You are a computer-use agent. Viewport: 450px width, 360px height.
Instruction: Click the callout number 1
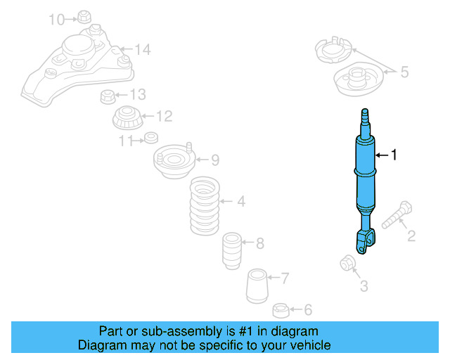tap(394, 155)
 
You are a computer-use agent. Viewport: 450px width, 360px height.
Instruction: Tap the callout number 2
tap(411, 236)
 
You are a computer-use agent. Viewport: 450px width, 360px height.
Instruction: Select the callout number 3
tap(364, 285)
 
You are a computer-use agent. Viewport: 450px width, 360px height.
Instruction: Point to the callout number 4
tap(241, 202)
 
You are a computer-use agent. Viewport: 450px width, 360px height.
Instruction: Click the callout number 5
tap(404, 71)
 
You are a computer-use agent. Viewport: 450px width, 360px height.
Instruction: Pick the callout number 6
tap(308, 309)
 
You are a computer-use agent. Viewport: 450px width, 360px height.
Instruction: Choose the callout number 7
tap(285, 278)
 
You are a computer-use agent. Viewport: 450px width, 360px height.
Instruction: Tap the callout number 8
tap(259, 244)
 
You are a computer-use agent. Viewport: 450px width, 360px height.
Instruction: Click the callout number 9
tap(215, 160)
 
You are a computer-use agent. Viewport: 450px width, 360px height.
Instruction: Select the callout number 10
tap(56, 19)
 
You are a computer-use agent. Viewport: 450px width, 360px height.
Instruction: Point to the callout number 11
tap(126, 141)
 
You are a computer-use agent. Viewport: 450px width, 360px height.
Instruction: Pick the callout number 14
tap(143, 49)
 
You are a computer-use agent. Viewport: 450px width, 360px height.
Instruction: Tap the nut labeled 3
tap(347, 263)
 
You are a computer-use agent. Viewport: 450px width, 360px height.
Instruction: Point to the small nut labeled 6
tap(280, 309)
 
